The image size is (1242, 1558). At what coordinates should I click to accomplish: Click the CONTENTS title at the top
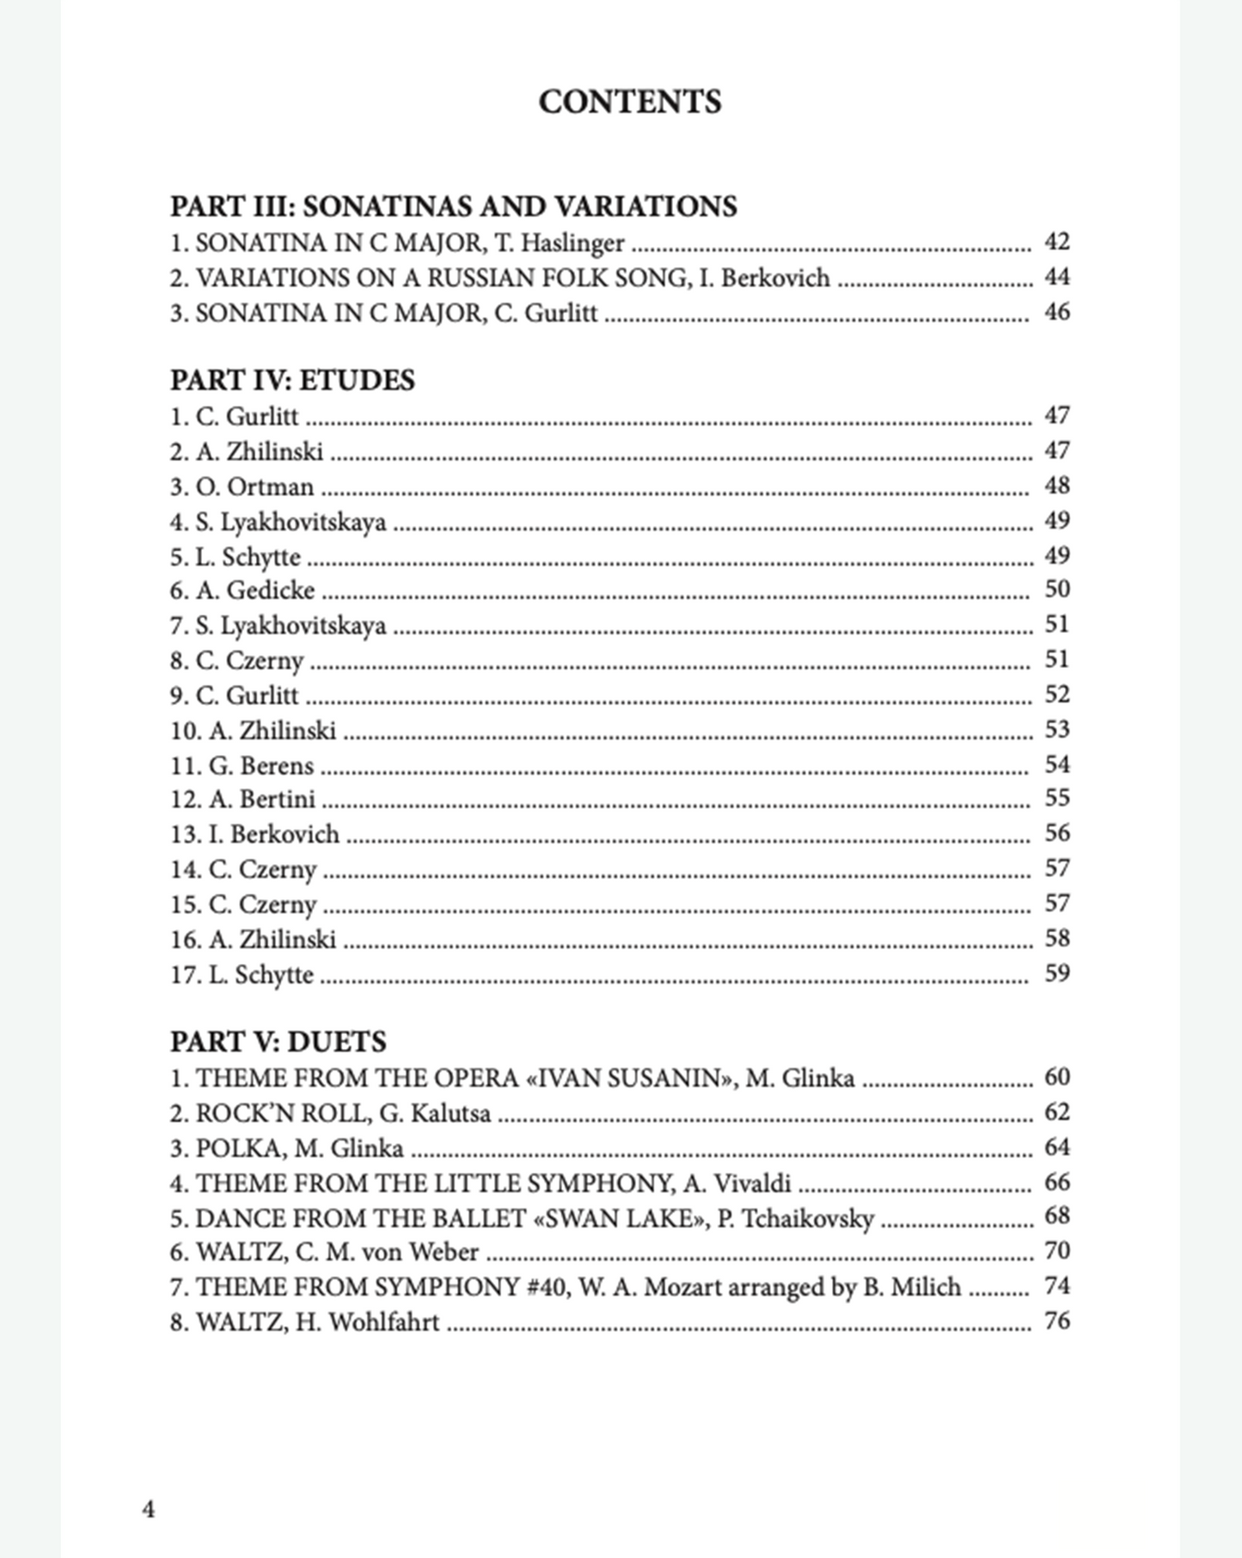pyautogui.click(x=629, y=102)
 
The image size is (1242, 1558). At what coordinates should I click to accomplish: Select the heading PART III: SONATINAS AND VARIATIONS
pyautogui.click(x=453, y=206)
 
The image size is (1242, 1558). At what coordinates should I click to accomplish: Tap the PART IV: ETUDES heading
pyautogui.click(x=292, y=380)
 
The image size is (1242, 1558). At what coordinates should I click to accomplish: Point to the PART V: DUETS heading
pyautogui.click(x=278, y=1042)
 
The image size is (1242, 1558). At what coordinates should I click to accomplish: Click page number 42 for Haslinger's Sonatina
pyautogui.click(x=1056, y=242)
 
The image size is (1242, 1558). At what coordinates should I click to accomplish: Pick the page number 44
pyautogui.click(x=1056, y=277)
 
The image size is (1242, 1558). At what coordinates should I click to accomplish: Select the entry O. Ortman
pyautogui.click(x=254, y=487)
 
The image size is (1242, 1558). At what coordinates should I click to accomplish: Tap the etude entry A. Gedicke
pyautogui.click(x=255, y=591)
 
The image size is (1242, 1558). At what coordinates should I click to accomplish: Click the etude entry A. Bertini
pyautogui.click(x=262, y=800)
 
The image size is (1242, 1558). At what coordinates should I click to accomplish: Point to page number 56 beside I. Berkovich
pyautogui.click(x=1056, y=833)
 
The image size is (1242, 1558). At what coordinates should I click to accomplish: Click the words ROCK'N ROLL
pyautogui.click(x=283, y=1113)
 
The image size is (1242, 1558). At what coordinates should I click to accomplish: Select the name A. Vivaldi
pyautogui.click(x=737, y=1184)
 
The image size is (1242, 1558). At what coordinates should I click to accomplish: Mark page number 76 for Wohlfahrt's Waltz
pyautogui.click(x=1056, y=1321)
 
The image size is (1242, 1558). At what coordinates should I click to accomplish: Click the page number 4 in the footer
pyautogui.click(x=149, y=1509)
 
